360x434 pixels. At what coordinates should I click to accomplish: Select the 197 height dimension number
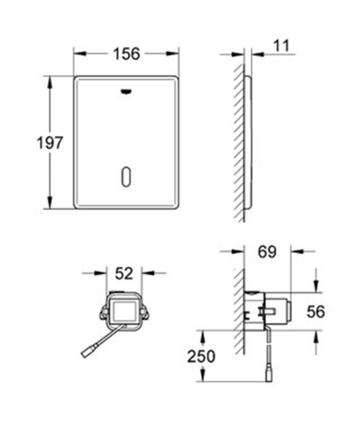point(27,142)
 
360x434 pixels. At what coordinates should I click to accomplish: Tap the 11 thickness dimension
point(281,46)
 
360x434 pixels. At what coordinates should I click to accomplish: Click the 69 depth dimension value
point(267,252)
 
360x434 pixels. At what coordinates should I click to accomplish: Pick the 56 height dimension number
point(316,311)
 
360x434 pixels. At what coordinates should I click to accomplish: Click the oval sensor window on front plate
point(127,176)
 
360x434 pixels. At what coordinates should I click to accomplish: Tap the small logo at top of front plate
point(127,92)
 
